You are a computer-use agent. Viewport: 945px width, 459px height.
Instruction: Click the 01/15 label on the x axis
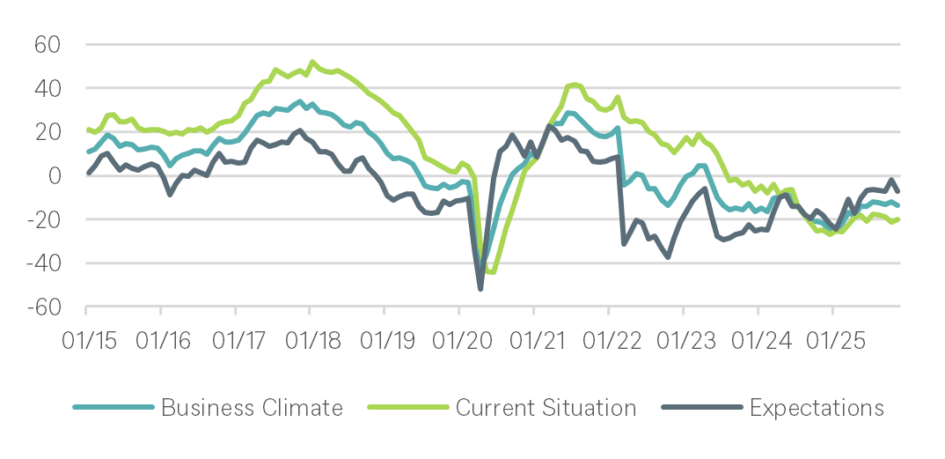86,338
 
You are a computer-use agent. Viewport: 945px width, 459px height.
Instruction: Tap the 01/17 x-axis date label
235,338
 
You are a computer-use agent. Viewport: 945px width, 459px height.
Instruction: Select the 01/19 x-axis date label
384,338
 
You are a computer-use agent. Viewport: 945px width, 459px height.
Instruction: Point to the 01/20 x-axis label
458,338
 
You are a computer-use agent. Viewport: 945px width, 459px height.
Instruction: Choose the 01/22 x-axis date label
608,338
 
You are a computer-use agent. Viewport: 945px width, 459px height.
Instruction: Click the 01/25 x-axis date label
831,338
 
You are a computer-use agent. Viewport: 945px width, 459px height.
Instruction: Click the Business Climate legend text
252,408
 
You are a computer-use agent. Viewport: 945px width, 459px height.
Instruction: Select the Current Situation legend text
546,408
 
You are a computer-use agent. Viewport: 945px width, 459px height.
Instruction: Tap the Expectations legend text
817,408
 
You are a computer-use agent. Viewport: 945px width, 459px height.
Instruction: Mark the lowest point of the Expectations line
480,288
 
